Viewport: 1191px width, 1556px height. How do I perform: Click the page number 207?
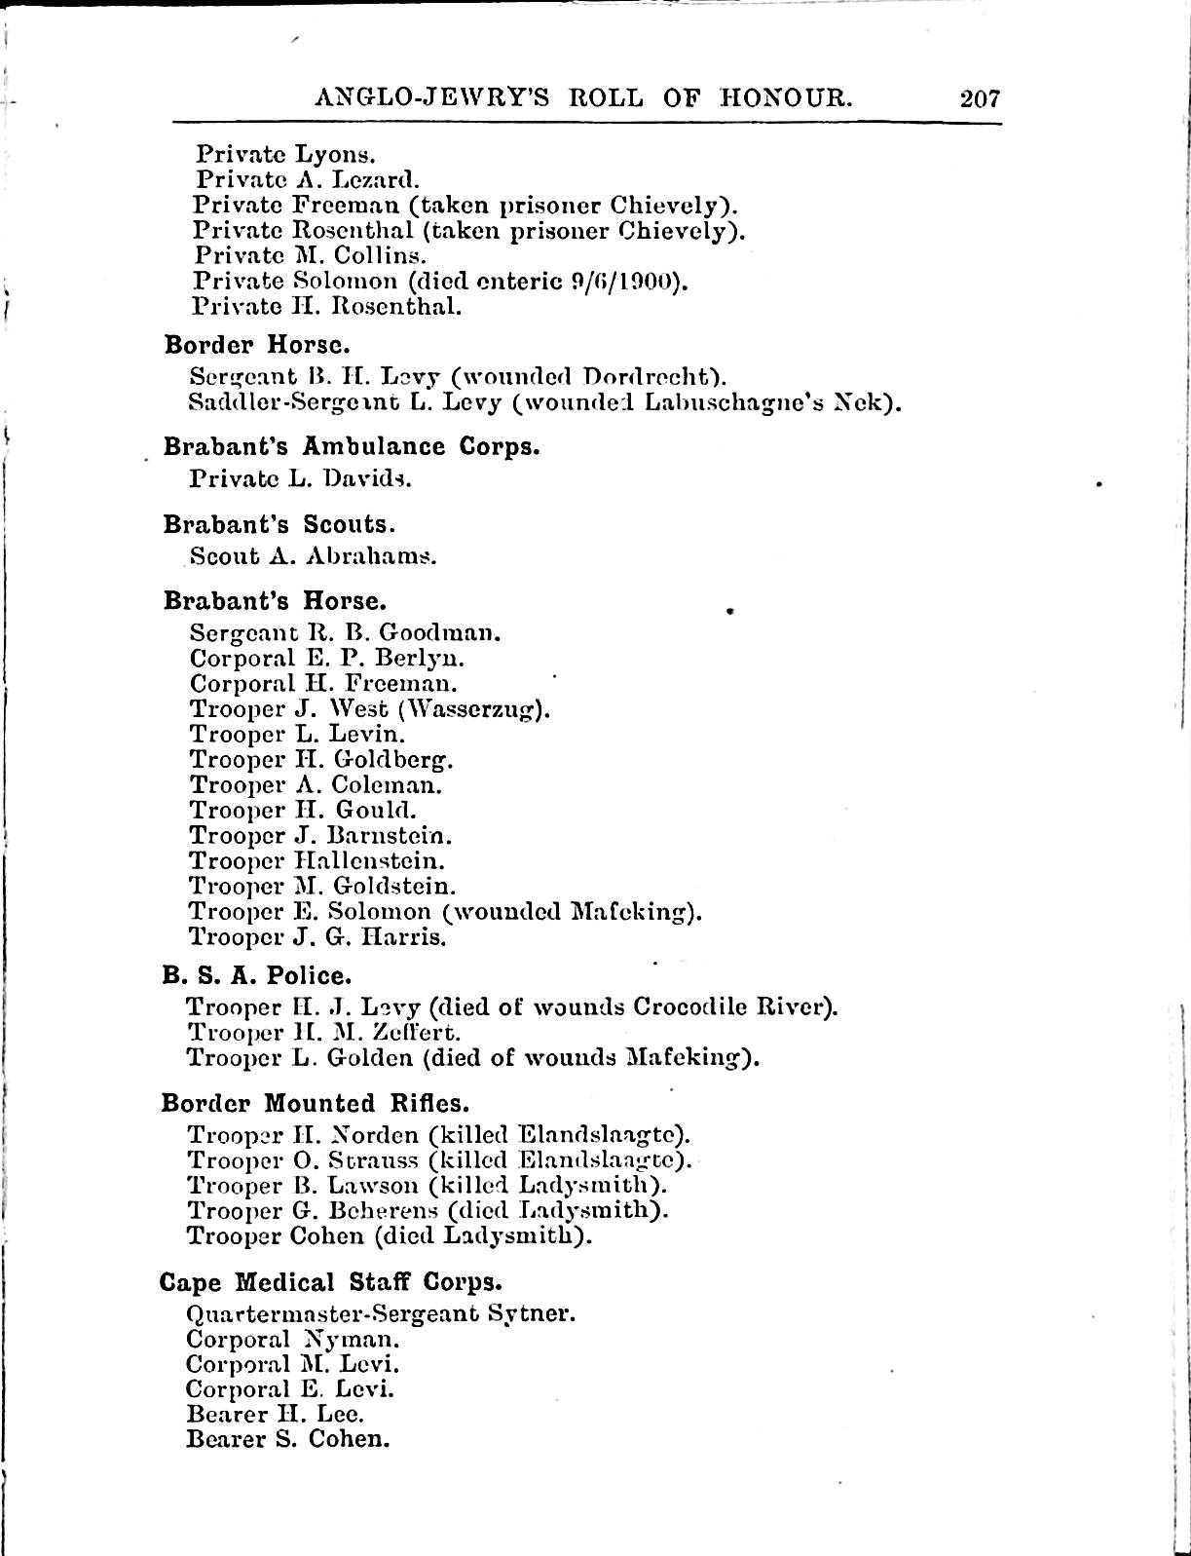(x=980, y=97)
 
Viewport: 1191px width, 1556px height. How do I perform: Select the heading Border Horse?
(x=256, y=345)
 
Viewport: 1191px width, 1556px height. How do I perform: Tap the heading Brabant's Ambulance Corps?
(x=351, y=447)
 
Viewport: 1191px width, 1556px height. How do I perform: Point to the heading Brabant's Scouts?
(x=279, y=524)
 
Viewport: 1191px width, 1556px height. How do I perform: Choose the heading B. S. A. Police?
(x=256, y=975)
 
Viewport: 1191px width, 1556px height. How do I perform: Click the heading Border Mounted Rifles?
(x=316, y=1103)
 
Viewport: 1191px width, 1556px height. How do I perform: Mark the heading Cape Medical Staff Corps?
(x=330, y=1281)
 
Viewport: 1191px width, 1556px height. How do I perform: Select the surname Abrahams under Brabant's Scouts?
(x=371, y=556)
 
